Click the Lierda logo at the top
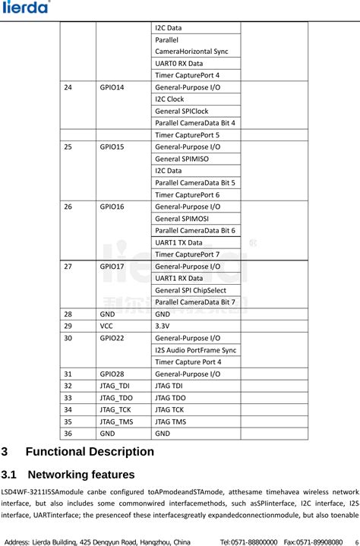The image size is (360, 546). pos(27,8)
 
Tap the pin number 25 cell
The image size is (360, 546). pos(69,147)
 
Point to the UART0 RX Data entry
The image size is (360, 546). pos(178,63)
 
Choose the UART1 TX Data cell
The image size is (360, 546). pos(178,242)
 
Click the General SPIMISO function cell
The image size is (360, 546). pos(182,159)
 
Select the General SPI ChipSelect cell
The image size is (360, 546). pos(190,290)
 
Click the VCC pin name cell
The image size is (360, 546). pos(108,325)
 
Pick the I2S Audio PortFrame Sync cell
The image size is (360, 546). pos(195,349)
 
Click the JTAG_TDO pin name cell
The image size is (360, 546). pos(116,397)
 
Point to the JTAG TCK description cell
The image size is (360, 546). pos(170,409)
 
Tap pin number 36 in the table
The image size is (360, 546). pos(69,433)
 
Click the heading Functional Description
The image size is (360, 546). pos(90,451)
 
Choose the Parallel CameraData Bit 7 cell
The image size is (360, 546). pos(195,302)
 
